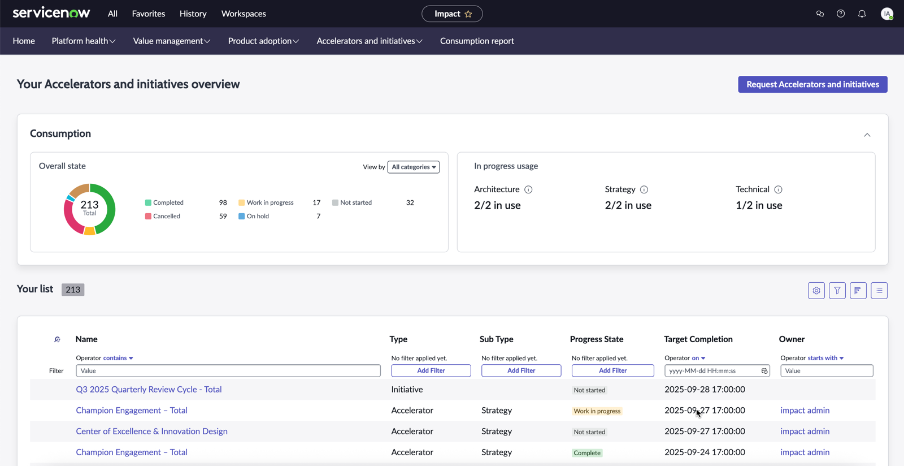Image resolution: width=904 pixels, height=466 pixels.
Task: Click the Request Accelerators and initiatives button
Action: tap(812, 84)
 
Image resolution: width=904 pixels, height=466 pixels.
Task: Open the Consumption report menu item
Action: tap(477, 41)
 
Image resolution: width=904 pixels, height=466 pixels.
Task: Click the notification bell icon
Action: tap(862, 14)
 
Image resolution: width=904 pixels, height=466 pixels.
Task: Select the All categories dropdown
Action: tap(413, 167)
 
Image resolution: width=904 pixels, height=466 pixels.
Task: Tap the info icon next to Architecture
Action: tap(528, 189)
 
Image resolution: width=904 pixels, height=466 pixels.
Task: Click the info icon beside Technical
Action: tap(778, 189)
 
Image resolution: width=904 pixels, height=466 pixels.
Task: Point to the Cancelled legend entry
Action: tap(163, 216)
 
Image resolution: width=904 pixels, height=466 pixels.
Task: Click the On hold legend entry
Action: tap(254, 216)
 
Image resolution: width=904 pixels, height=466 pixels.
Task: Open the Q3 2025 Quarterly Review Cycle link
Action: tap(149, 389)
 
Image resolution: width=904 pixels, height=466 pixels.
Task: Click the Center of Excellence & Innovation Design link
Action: tap(152, 432)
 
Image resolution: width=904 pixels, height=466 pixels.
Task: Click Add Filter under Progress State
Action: tap(612, 370)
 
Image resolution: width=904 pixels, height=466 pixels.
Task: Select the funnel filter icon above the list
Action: tap(837, 290)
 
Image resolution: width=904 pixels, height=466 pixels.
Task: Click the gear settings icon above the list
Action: tap(816, 290)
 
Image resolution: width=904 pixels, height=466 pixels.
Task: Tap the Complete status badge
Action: tap(587, 452)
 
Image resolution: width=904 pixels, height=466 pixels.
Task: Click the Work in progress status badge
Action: tap(597, 411)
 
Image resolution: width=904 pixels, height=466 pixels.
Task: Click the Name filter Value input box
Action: tap(228, 370)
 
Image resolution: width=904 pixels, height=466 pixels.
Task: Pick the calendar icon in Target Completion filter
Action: tap(764, 370)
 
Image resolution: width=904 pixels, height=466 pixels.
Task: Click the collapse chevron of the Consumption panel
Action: tap(867, 135)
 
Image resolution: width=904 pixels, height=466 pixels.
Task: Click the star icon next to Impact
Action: tap(468, 14)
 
